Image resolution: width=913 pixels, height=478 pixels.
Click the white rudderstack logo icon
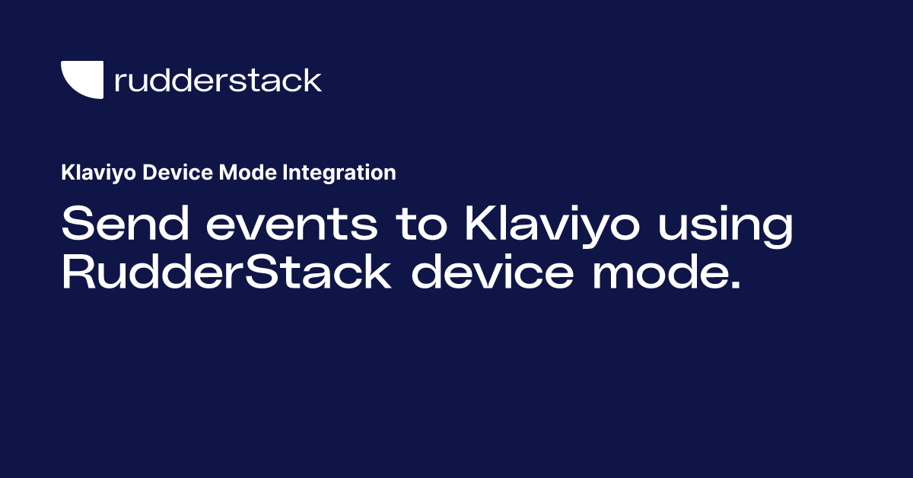point(81,78)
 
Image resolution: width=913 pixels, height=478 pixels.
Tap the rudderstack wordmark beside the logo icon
point(218,80)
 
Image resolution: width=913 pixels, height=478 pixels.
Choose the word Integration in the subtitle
point(339,174)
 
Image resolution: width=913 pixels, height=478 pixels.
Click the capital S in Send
point(79,225)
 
